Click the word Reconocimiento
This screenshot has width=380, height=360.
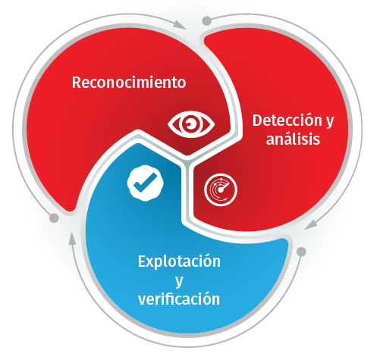pyautogui.click(x=129, y=83)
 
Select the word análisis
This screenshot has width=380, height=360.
pyautogui.click(x=293, y=139)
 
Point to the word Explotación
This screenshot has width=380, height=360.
pyautogui.click(x=179, y=261)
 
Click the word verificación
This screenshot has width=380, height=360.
pyautogui.click(x=179, y=299)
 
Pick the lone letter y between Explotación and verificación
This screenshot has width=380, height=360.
pyautogui.click(x=179, y=281)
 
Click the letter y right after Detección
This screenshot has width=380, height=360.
pyautogui.click(x=329, y=122)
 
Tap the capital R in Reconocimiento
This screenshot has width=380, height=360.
pyautogui.click(x=76, y=83)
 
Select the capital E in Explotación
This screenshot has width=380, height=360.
pyautogui.click(x=142, y=261)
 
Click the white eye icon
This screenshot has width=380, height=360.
pyautogui.click(x=191, y=124)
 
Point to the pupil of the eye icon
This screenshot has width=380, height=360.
pyautogui.click(x=190, y=124)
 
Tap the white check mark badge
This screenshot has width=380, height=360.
pyautogui.click(x=146, y=183)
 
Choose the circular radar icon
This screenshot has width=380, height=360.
pyautogui.click(x=221, y=189)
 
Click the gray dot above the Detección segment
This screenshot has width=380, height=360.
pyautogui.click(x=207, y=20)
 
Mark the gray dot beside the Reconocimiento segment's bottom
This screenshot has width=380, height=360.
pyautogui.click(x=54, y=218)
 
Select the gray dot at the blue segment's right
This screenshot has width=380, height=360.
pyautogui.click(x=301, y=252)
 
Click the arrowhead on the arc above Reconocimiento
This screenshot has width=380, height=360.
pyautogui.click(x=180, y=24)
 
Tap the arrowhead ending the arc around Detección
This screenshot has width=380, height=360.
pyautogui.click(x=311, y=224)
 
